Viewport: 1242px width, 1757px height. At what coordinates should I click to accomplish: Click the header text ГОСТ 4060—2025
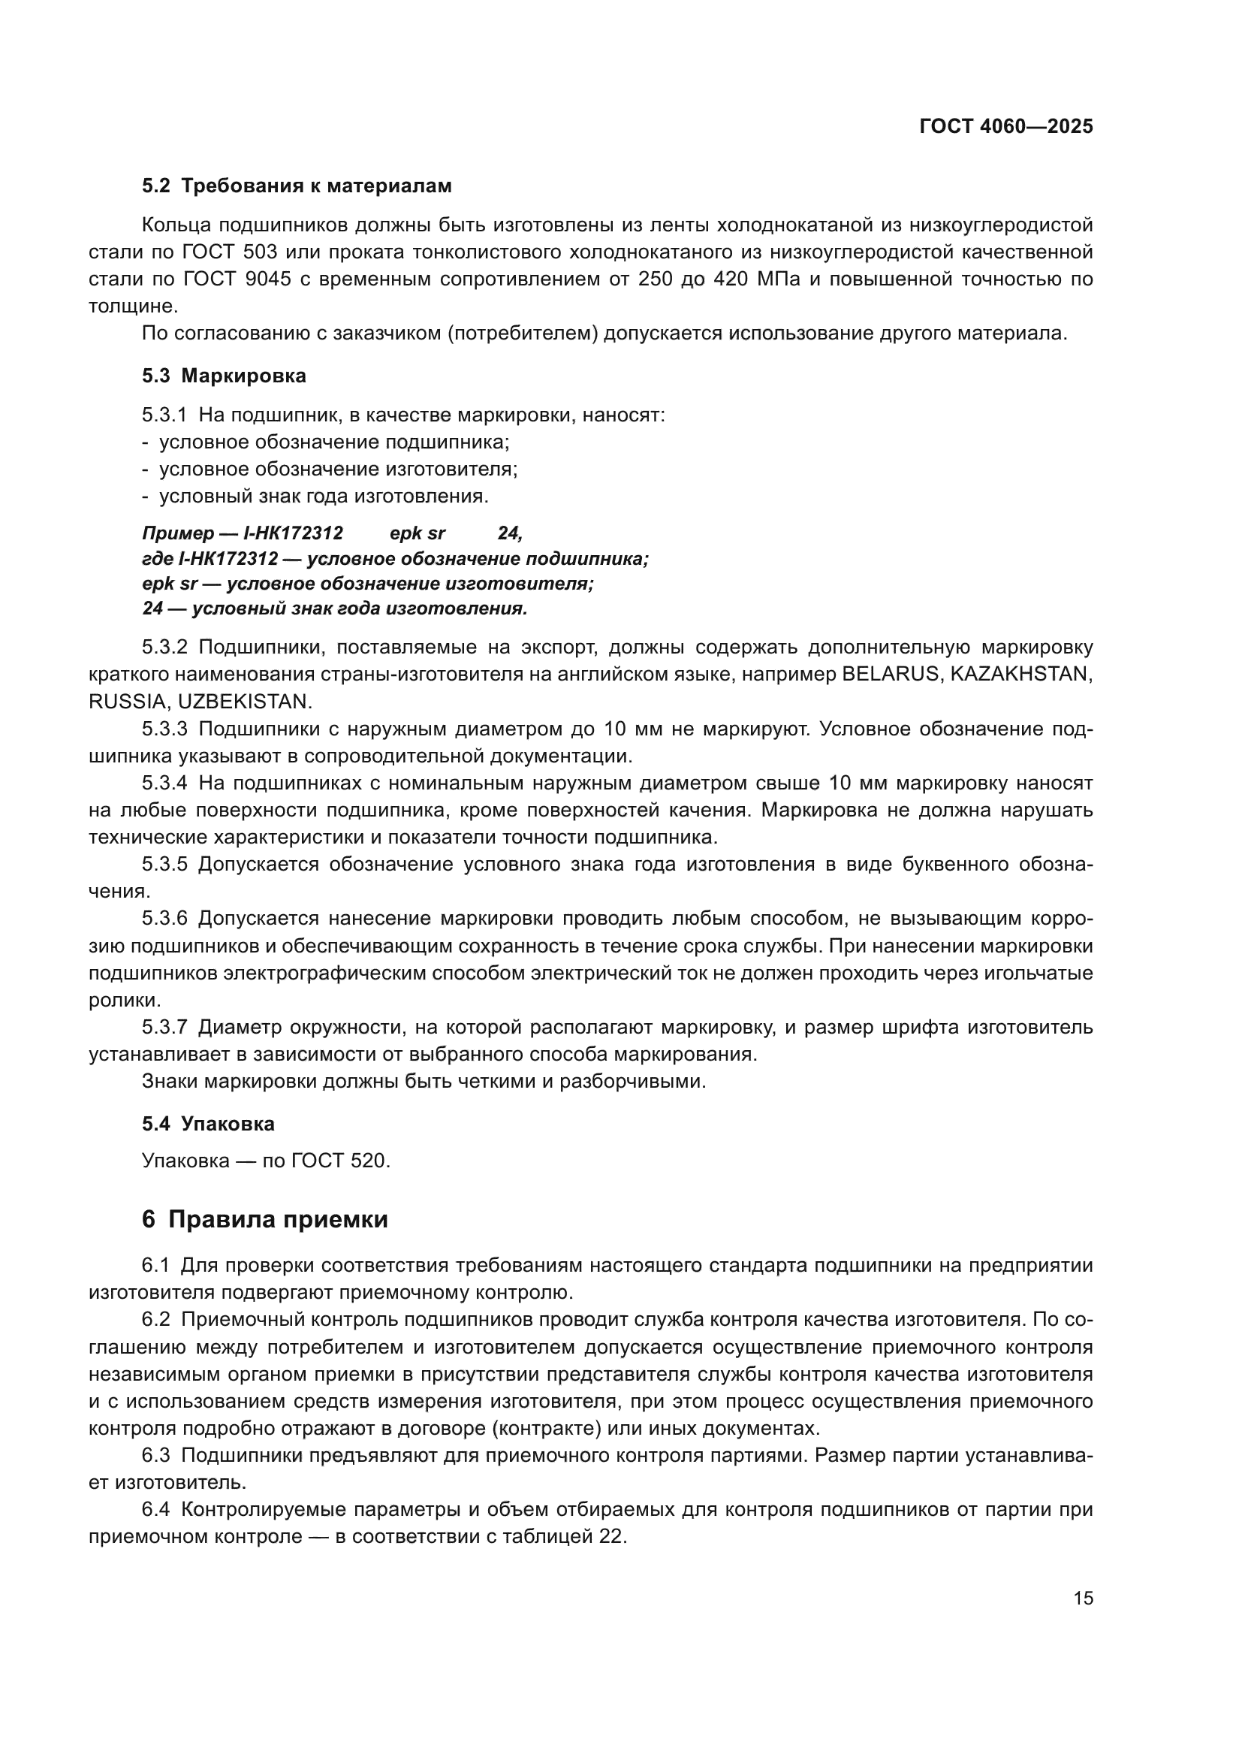point(1005,127)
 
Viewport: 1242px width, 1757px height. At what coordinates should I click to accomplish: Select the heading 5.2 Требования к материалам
point(297,186)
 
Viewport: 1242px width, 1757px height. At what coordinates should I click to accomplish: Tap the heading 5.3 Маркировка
point(224,376)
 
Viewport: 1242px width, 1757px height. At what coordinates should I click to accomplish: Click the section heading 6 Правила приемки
point(264,1220)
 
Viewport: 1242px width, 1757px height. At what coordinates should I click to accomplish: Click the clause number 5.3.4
point(164,783)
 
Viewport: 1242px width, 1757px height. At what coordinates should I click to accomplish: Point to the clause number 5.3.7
point(164,1027)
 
